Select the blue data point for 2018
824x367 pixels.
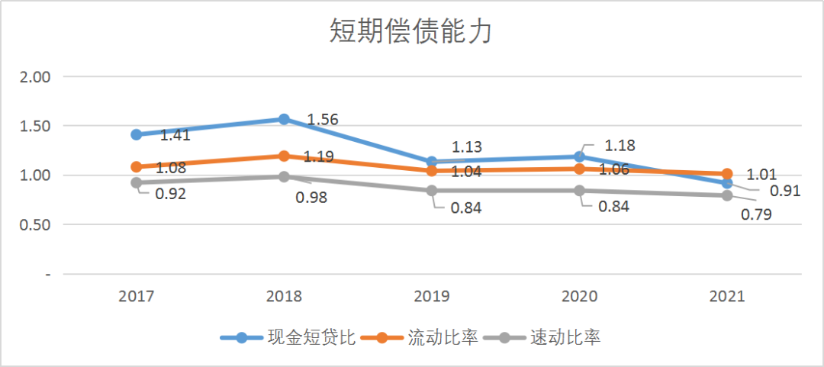284,119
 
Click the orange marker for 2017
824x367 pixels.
137,166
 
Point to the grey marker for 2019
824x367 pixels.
432,191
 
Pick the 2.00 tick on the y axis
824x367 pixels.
34,77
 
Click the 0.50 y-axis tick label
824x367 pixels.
34,225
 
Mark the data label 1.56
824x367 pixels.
322,120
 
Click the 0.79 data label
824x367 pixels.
756,214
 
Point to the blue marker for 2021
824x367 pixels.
726,183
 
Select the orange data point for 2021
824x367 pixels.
726,174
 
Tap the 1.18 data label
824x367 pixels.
620,146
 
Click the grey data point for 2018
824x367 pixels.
284,176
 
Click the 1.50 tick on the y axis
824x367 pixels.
34,126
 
